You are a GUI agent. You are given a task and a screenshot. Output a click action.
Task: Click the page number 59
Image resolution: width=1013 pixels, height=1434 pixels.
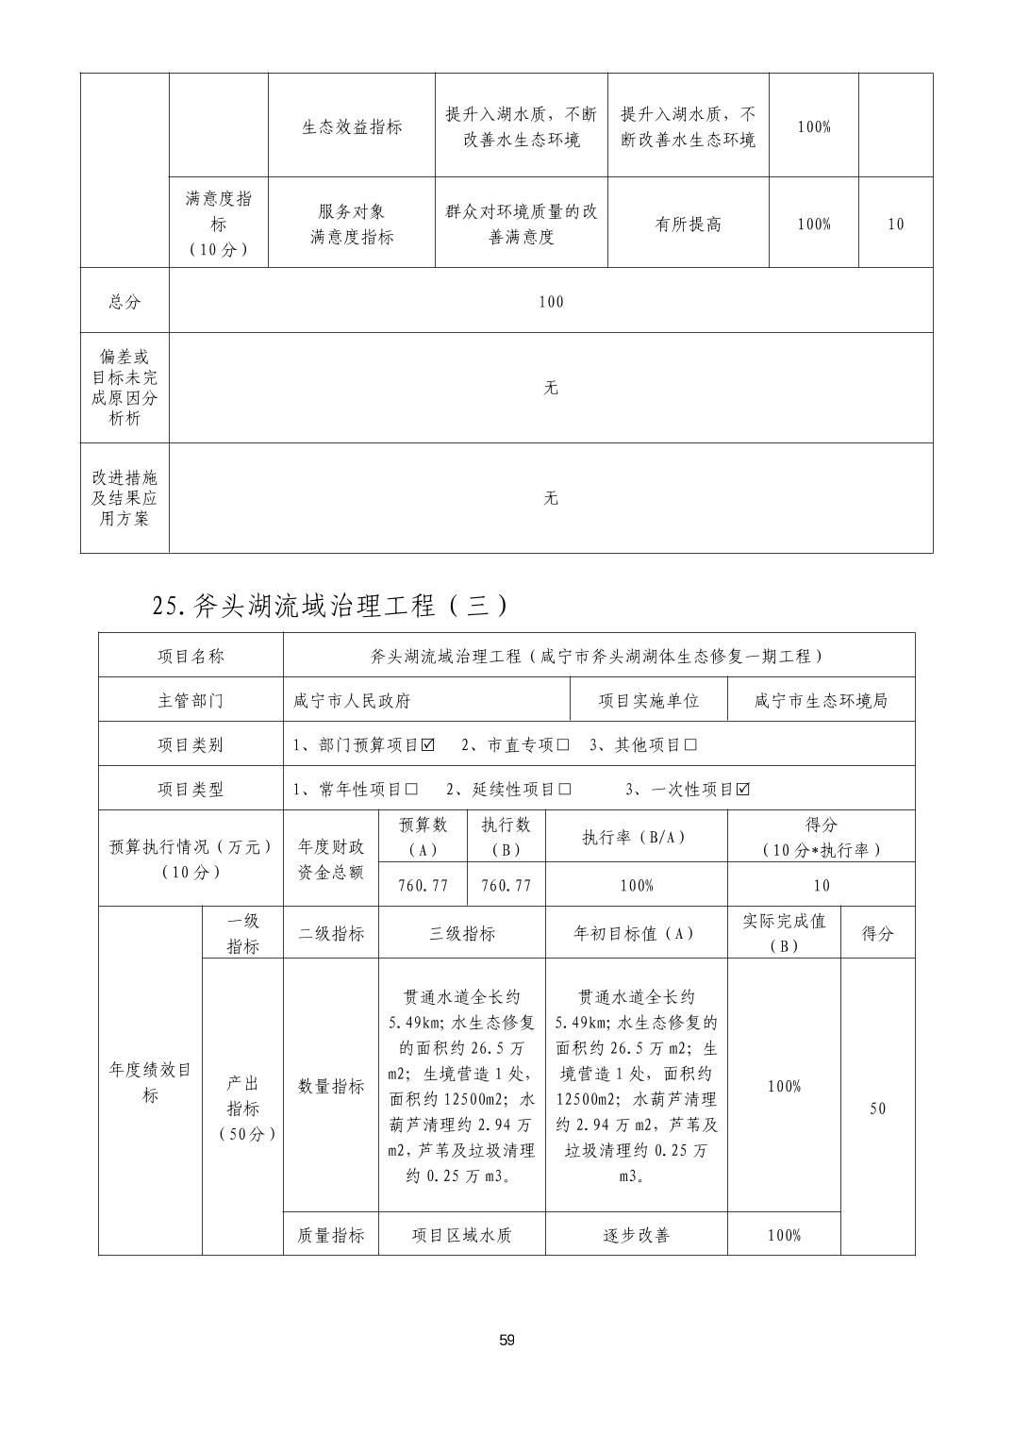click(506, 1341)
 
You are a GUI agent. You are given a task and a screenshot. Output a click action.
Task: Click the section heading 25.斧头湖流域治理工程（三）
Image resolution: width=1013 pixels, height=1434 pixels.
click(329, 605)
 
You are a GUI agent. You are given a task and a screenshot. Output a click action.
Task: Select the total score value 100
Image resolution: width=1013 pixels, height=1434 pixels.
click(551, 302)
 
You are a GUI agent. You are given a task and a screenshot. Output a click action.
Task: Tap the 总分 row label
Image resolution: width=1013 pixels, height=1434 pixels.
click(125, 302)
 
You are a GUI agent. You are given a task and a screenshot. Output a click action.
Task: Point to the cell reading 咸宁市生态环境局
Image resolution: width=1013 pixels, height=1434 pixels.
click(821, 701)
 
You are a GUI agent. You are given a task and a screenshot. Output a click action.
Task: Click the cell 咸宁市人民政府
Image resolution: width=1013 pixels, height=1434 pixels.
click(352, 701)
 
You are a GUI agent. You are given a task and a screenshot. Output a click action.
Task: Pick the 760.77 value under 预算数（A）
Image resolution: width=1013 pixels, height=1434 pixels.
click(424, 886)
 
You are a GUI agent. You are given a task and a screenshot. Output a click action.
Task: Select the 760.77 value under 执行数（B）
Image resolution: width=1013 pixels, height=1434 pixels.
click(506, 886)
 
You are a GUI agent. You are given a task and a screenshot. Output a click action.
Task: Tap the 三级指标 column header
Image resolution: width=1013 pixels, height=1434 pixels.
click(462, 934)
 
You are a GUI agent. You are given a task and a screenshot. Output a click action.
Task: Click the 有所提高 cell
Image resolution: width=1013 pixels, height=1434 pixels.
click(688, 225)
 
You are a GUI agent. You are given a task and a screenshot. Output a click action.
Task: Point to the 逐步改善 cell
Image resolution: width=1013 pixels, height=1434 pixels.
click(636, 1235)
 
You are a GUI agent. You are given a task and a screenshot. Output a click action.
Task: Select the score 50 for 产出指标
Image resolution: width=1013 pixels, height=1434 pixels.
click(877, 1109)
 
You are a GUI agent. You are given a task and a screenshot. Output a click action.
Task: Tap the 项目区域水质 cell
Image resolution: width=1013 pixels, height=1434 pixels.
click(462, 1235)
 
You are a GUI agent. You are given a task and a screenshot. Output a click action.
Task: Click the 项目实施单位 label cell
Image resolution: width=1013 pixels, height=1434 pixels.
click(649, 701)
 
